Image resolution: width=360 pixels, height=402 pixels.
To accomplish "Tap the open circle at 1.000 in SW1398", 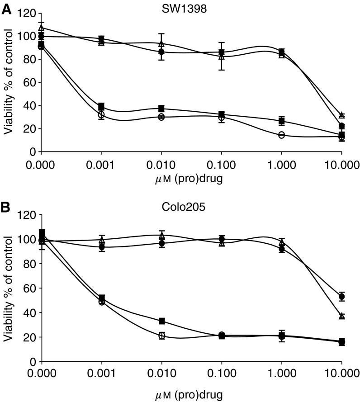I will pyautogui.click(x=282, y=135).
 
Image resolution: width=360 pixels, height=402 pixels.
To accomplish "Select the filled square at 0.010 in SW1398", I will pyautogui.click(x=161, y=109).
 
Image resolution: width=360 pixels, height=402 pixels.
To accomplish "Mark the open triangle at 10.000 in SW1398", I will pyautogui.click(x=342, y=115).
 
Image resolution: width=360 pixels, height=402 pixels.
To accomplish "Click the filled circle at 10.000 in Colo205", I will pyautogui.click(x=342, y=297).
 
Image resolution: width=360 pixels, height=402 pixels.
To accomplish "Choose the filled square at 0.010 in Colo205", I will pyautogui.click(x=161, y=321).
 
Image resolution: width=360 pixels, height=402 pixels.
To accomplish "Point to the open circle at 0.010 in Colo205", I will pyautogui.click(x=161, y=336).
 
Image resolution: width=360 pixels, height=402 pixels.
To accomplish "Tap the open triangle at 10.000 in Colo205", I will pyautogui.click(x=342, y=316).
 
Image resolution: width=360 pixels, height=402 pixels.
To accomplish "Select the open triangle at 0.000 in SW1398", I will pyautogui.click(x=41, y=28).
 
